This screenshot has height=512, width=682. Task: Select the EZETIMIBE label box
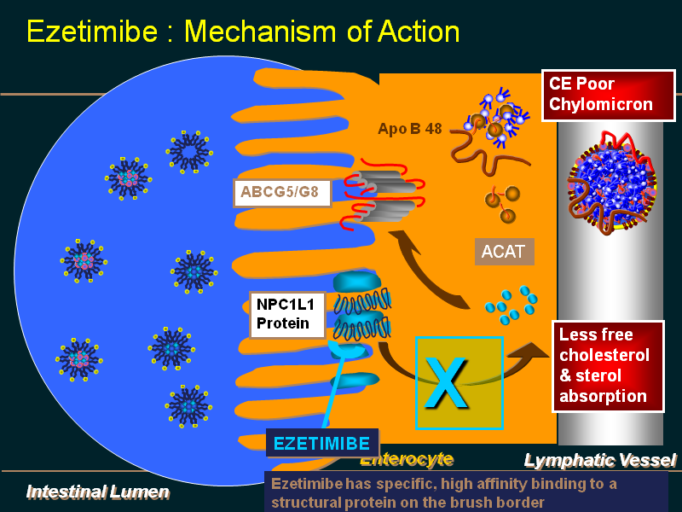[321, 444]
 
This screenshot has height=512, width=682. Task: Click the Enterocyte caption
[406, 459]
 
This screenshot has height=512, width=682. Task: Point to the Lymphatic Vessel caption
[599, 461]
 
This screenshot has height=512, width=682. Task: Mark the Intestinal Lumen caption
[97, 492]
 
